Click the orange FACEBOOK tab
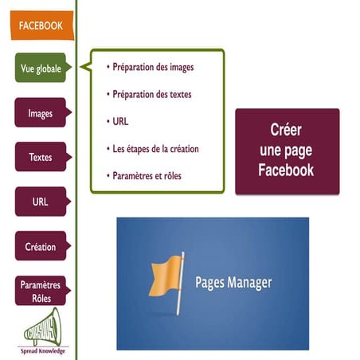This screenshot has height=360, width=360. [x=40, y=25]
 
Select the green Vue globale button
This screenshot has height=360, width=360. [x=40, y=68]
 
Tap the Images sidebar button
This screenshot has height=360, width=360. [x=40, y=113]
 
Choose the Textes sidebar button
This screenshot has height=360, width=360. [x=40, y=158]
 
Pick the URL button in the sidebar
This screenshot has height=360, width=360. [x=40, y=202]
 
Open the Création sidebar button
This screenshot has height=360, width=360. [x=40, y=247]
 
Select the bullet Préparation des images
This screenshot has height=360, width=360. [x=152, y=67]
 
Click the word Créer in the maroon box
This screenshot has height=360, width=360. [x=287, y=131]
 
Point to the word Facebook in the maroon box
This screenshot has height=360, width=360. [x=287, y=170]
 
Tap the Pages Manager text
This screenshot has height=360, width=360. [x=233, y=283]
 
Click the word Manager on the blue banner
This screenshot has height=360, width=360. [x=250, y=283]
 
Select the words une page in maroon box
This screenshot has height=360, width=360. [x=287, y=151]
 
